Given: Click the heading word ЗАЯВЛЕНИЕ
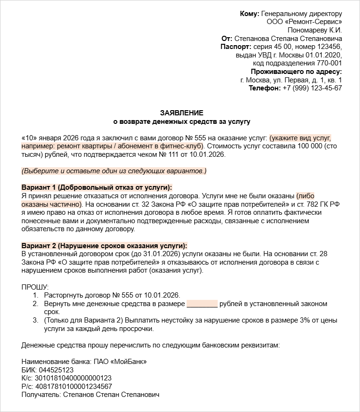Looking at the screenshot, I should pyautogui.click(x=181, y=113).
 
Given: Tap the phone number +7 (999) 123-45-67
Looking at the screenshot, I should pyautogui.click(x=312, y=88).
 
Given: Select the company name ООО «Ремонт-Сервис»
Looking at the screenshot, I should pyautogui.click(x=304, y=22).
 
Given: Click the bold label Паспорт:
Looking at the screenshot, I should pyautogui.click(x=236, y=47).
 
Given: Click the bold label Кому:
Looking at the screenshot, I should pyautogui.click(x=249, y=14).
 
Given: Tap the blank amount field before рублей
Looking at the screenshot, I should pyautogui.click(x=202, y=304).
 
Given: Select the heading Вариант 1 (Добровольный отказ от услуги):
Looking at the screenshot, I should pyautogui.click(x=97, y=187).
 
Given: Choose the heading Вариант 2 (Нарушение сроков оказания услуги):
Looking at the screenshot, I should pyautogui.click(x=104, y=246).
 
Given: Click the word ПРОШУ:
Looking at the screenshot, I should pyautogui.click(x=35, y=287).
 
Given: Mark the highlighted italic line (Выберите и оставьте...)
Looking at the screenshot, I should pyautogui.click(x=114, y=170).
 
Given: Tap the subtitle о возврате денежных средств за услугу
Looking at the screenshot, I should pyautogui.click(x=181, y=121).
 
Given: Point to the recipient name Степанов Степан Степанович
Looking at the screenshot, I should pyautogui.click(x=111, y=395).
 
